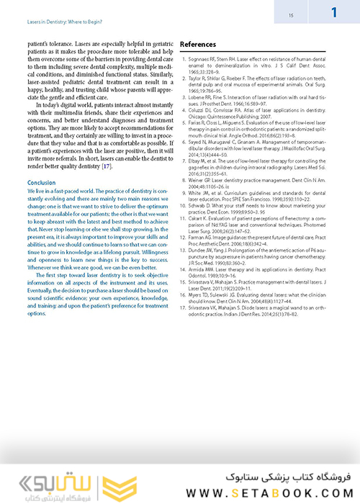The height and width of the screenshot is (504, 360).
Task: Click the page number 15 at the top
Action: [x=290, y=14]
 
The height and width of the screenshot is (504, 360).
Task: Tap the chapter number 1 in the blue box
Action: [x=335, y=12]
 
